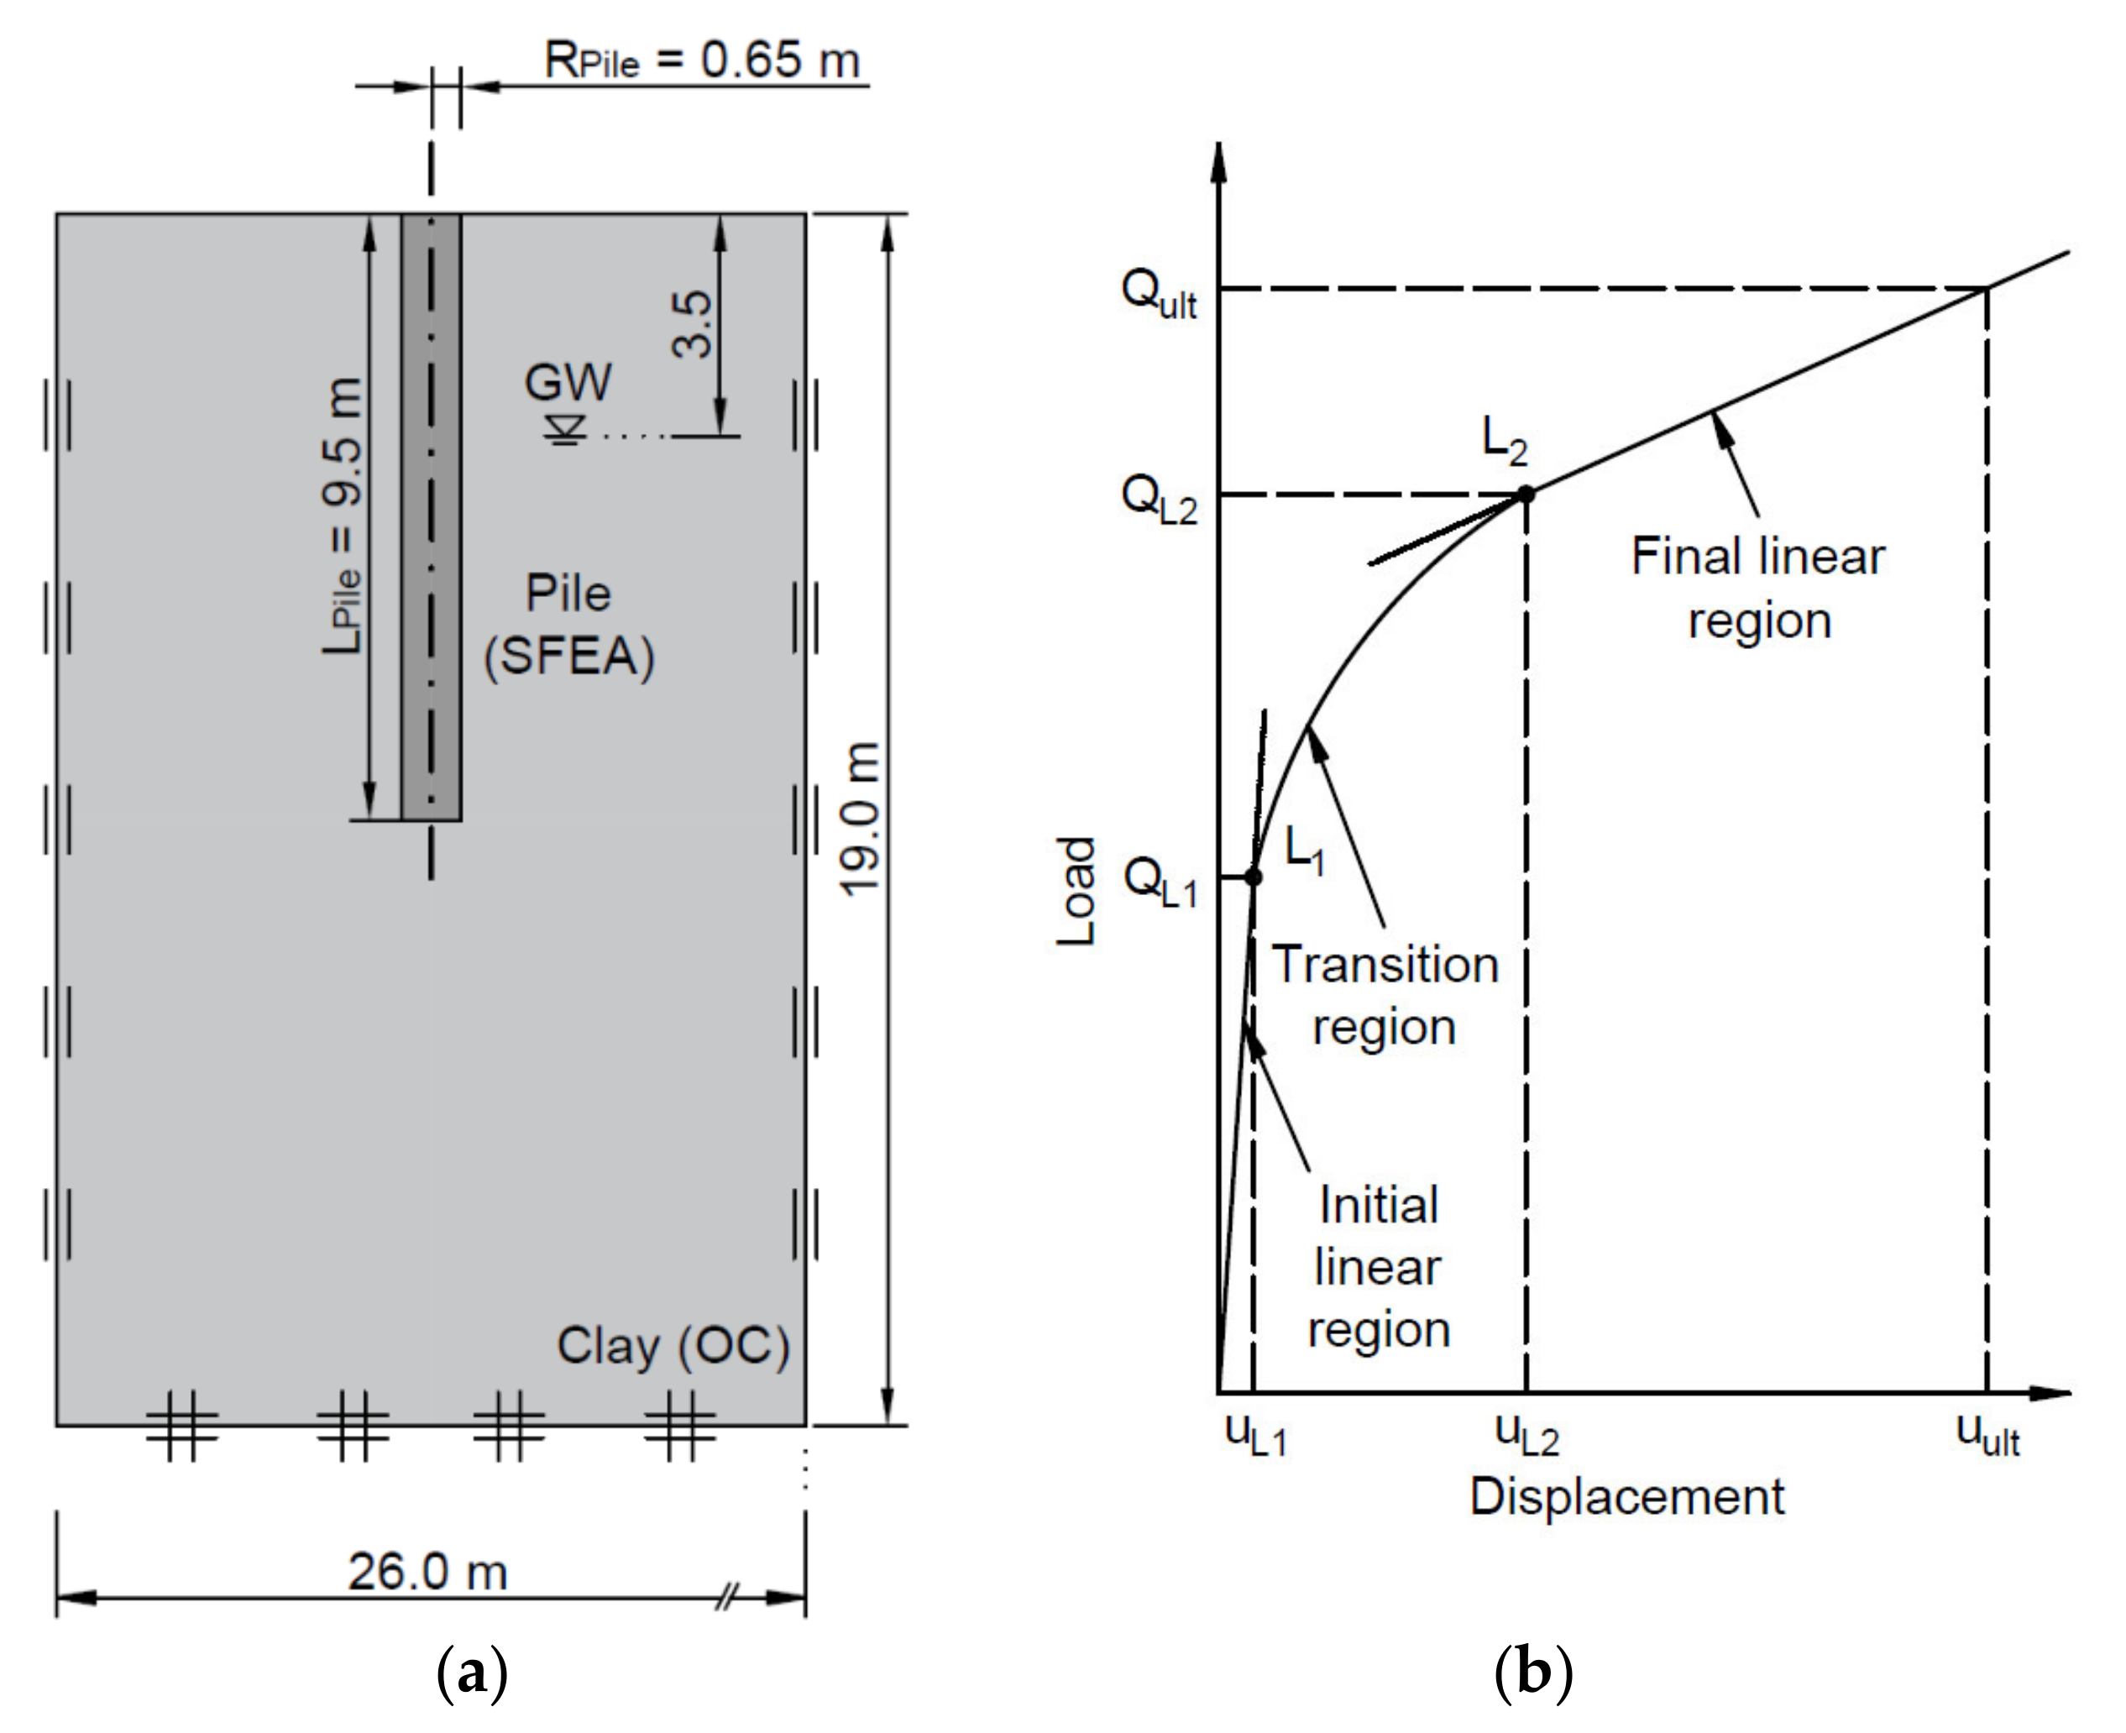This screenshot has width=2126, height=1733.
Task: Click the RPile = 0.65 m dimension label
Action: [702, 60]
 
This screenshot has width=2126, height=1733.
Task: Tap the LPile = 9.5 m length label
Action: [343, 516]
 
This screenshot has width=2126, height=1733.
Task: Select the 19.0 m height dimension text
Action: [861, 819]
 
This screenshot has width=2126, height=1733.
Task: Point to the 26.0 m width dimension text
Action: [427, 1573]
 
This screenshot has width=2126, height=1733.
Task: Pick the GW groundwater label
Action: [568, 382]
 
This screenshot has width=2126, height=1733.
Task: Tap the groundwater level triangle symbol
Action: [566, 428]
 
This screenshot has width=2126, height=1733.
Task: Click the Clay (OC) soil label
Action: [673, 1346]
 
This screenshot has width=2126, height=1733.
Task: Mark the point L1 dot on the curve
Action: [1254, 877]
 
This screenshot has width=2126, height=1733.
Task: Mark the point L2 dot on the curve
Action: [1525, 493]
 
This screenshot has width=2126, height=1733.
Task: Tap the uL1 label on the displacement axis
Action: [1255, 1435]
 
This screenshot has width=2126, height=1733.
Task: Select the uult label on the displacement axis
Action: [1987, 1435]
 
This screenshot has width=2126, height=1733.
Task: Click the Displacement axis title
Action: [1627, 1497]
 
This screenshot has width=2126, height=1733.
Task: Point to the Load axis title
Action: [1076, 891]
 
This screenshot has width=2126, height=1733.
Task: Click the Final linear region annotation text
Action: [1759, 588]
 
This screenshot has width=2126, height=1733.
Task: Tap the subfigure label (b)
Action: [1533, 1673]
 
